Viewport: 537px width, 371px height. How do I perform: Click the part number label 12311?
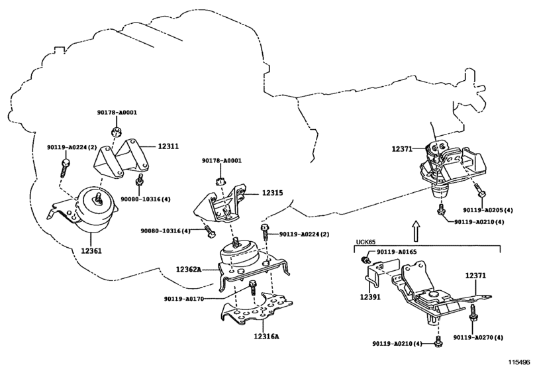(x=168, y=146)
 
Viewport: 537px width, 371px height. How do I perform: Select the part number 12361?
(x=91, y=251)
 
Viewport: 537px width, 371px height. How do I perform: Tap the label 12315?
(x=273, y=193)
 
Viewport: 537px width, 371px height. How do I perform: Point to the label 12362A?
(x=189, y=269)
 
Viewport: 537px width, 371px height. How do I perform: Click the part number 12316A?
(x=266, y=336)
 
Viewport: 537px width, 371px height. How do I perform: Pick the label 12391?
(x=370, y=297)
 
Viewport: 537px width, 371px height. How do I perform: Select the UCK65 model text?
(x=366, y=242)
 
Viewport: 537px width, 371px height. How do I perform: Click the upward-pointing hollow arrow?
(x=415, y=231)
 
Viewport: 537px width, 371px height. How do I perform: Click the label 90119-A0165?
(x=397, y=252)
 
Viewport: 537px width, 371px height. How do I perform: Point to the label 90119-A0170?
(x=184, y=299)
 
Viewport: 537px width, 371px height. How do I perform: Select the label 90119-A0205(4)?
(x=489, y=210)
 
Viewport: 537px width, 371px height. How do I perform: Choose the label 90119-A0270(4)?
(x=479, y=337)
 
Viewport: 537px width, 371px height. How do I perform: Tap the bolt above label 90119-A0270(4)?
(x=473, y=313)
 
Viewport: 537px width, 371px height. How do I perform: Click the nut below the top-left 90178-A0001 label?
(x=116, y=132)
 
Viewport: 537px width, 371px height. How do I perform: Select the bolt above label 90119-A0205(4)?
(x=479, y=190)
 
